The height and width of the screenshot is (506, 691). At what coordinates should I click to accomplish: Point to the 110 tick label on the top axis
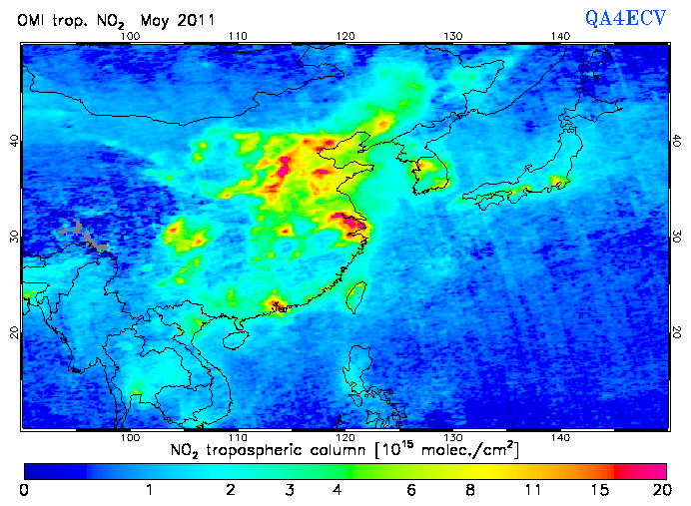click(237, 37)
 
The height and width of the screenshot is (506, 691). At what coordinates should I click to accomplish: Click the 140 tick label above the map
click(560, 37)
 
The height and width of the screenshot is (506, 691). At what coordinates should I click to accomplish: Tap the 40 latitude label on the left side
click(13, 142)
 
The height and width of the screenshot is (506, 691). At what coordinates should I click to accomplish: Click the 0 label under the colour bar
click(24, 490)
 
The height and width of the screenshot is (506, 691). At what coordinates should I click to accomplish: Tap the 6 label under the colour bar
click(412, 490)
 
